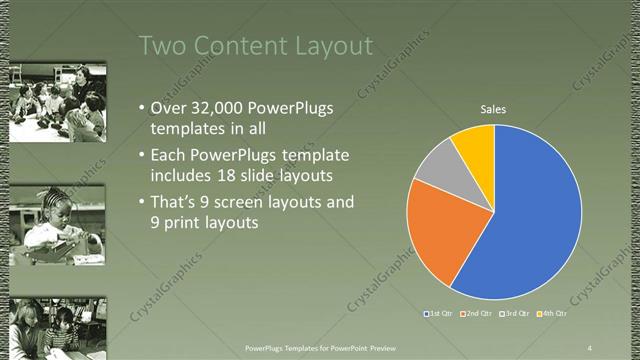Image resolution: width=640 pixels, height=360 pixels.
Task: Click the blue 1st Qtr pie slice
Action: pyautogui.click(x=535, y=220)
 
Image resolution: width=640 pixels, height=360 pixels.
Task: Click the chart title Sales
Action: pyautogui.click(x=494, y=109)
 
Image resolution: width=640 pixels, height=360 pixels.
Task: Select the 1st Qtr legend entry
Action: pyautogui.click(x=441, y=315)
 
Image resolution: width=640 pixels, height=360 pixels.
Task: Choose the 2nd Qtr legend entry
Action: pyautogui.click(x=479, y=315)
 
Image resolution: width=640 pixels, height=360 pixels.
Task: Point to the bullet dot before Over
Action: pyautogui.click(x=141, y=108)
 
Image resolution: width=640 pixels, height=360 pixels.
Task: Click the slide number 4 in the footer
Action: pyautogui.click(x=589, y=347)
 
